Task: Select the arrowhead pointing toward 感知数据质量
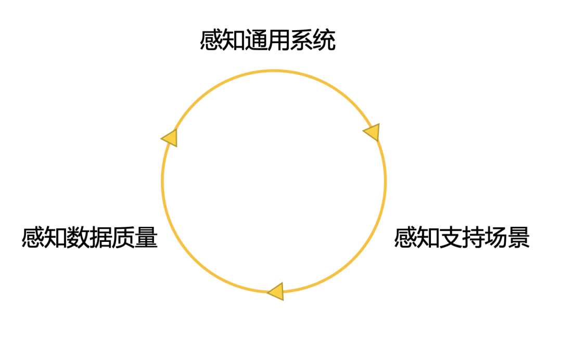pos(276,292)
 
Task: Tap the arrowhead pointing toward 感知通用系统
pos(170,138)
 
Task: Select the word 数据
pos(90,238)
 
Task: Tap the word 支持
pos(462,238)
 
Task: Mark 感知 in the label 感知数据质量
pos(44,238)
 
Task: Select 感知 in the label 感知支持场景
pos(417,238)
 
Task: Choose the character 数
pos(78,238)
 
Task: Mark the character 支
pos(451,238)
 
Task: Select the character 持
pos(474,238)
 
